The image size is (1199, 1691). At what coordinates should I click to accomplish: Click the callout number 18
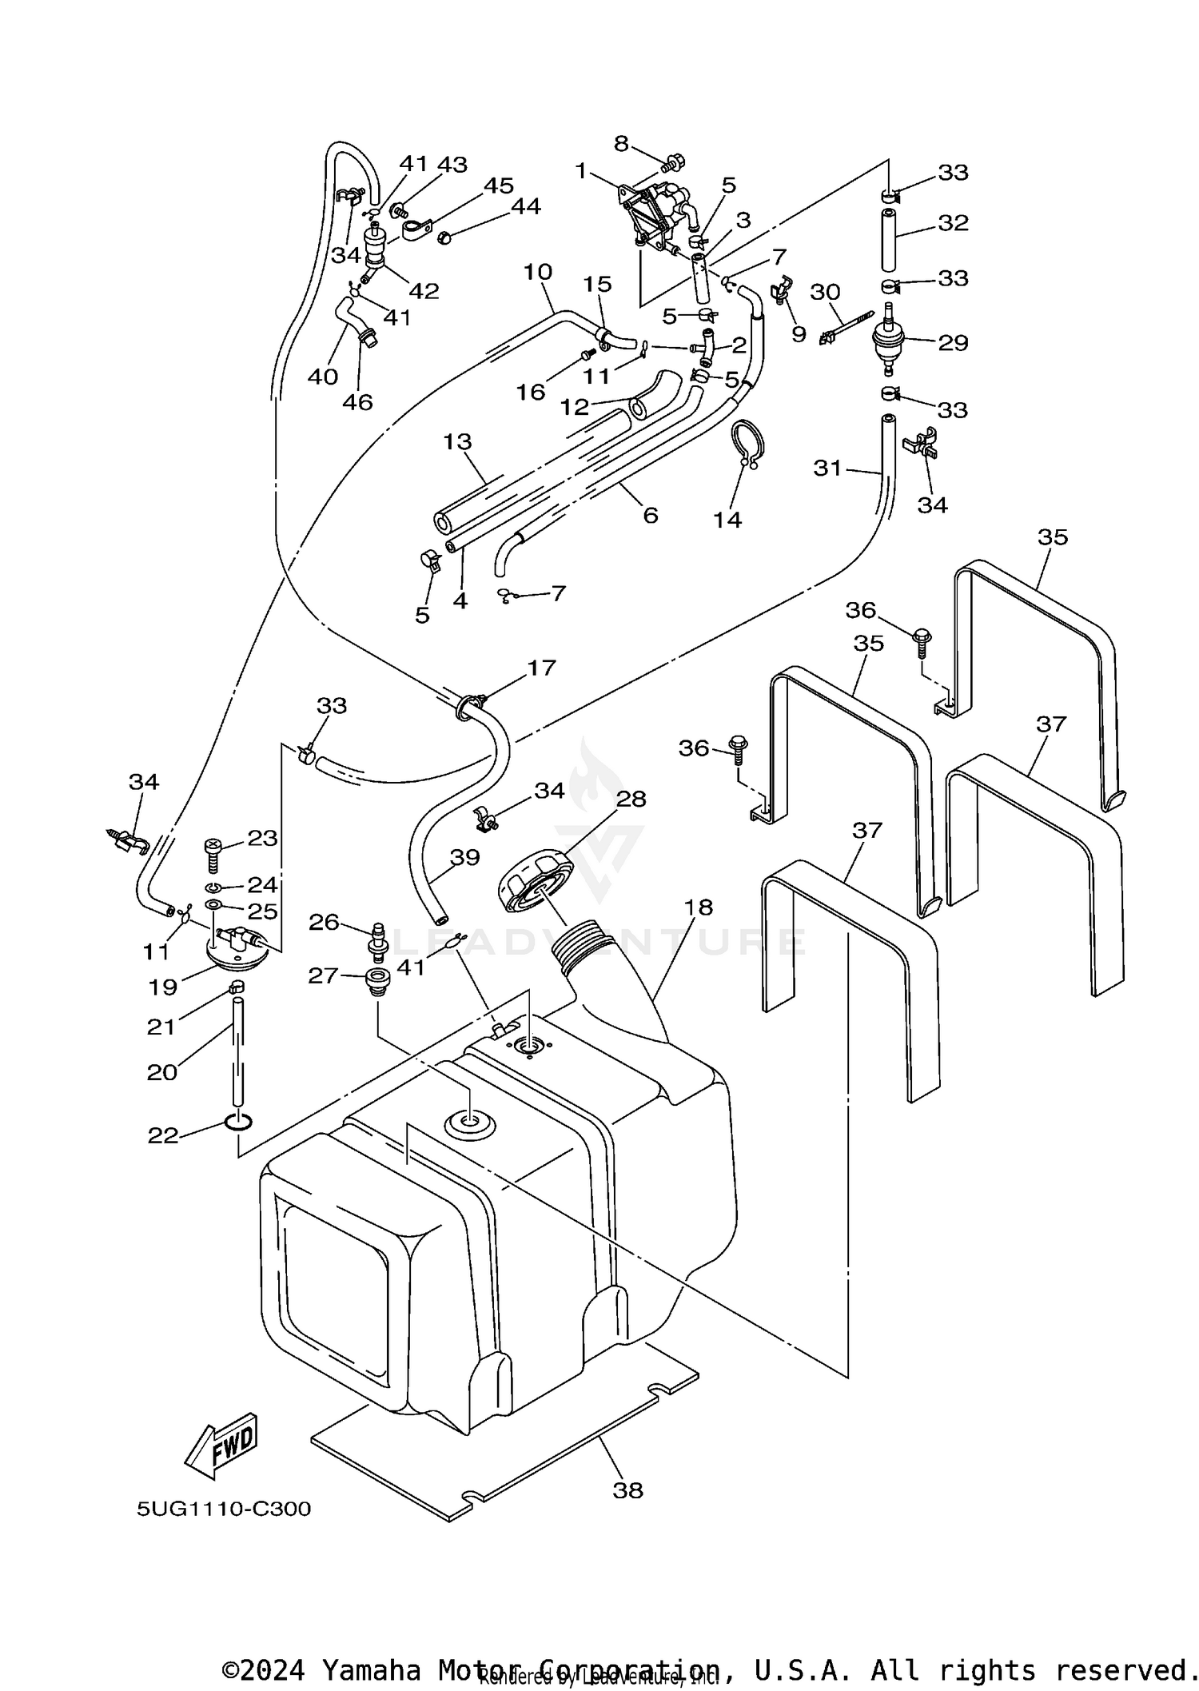(x=699, y=907)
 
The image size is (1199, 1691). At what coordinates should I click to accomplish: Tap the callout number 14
(x=727, y=520)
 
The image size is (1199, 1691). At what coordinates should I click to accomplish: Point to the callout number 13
(x=458, y=441)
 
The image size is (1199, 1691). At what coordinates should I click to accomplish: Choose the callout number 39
(x=464, y=857)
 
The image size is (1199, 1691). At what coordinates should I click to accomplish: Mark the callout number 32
(x=953, y=223)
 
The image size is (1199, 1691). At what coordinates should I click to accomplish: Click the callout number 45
(x=499, y=185)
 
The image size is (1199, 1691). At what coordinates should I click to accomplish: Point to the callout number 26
(x=324, y=922)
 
